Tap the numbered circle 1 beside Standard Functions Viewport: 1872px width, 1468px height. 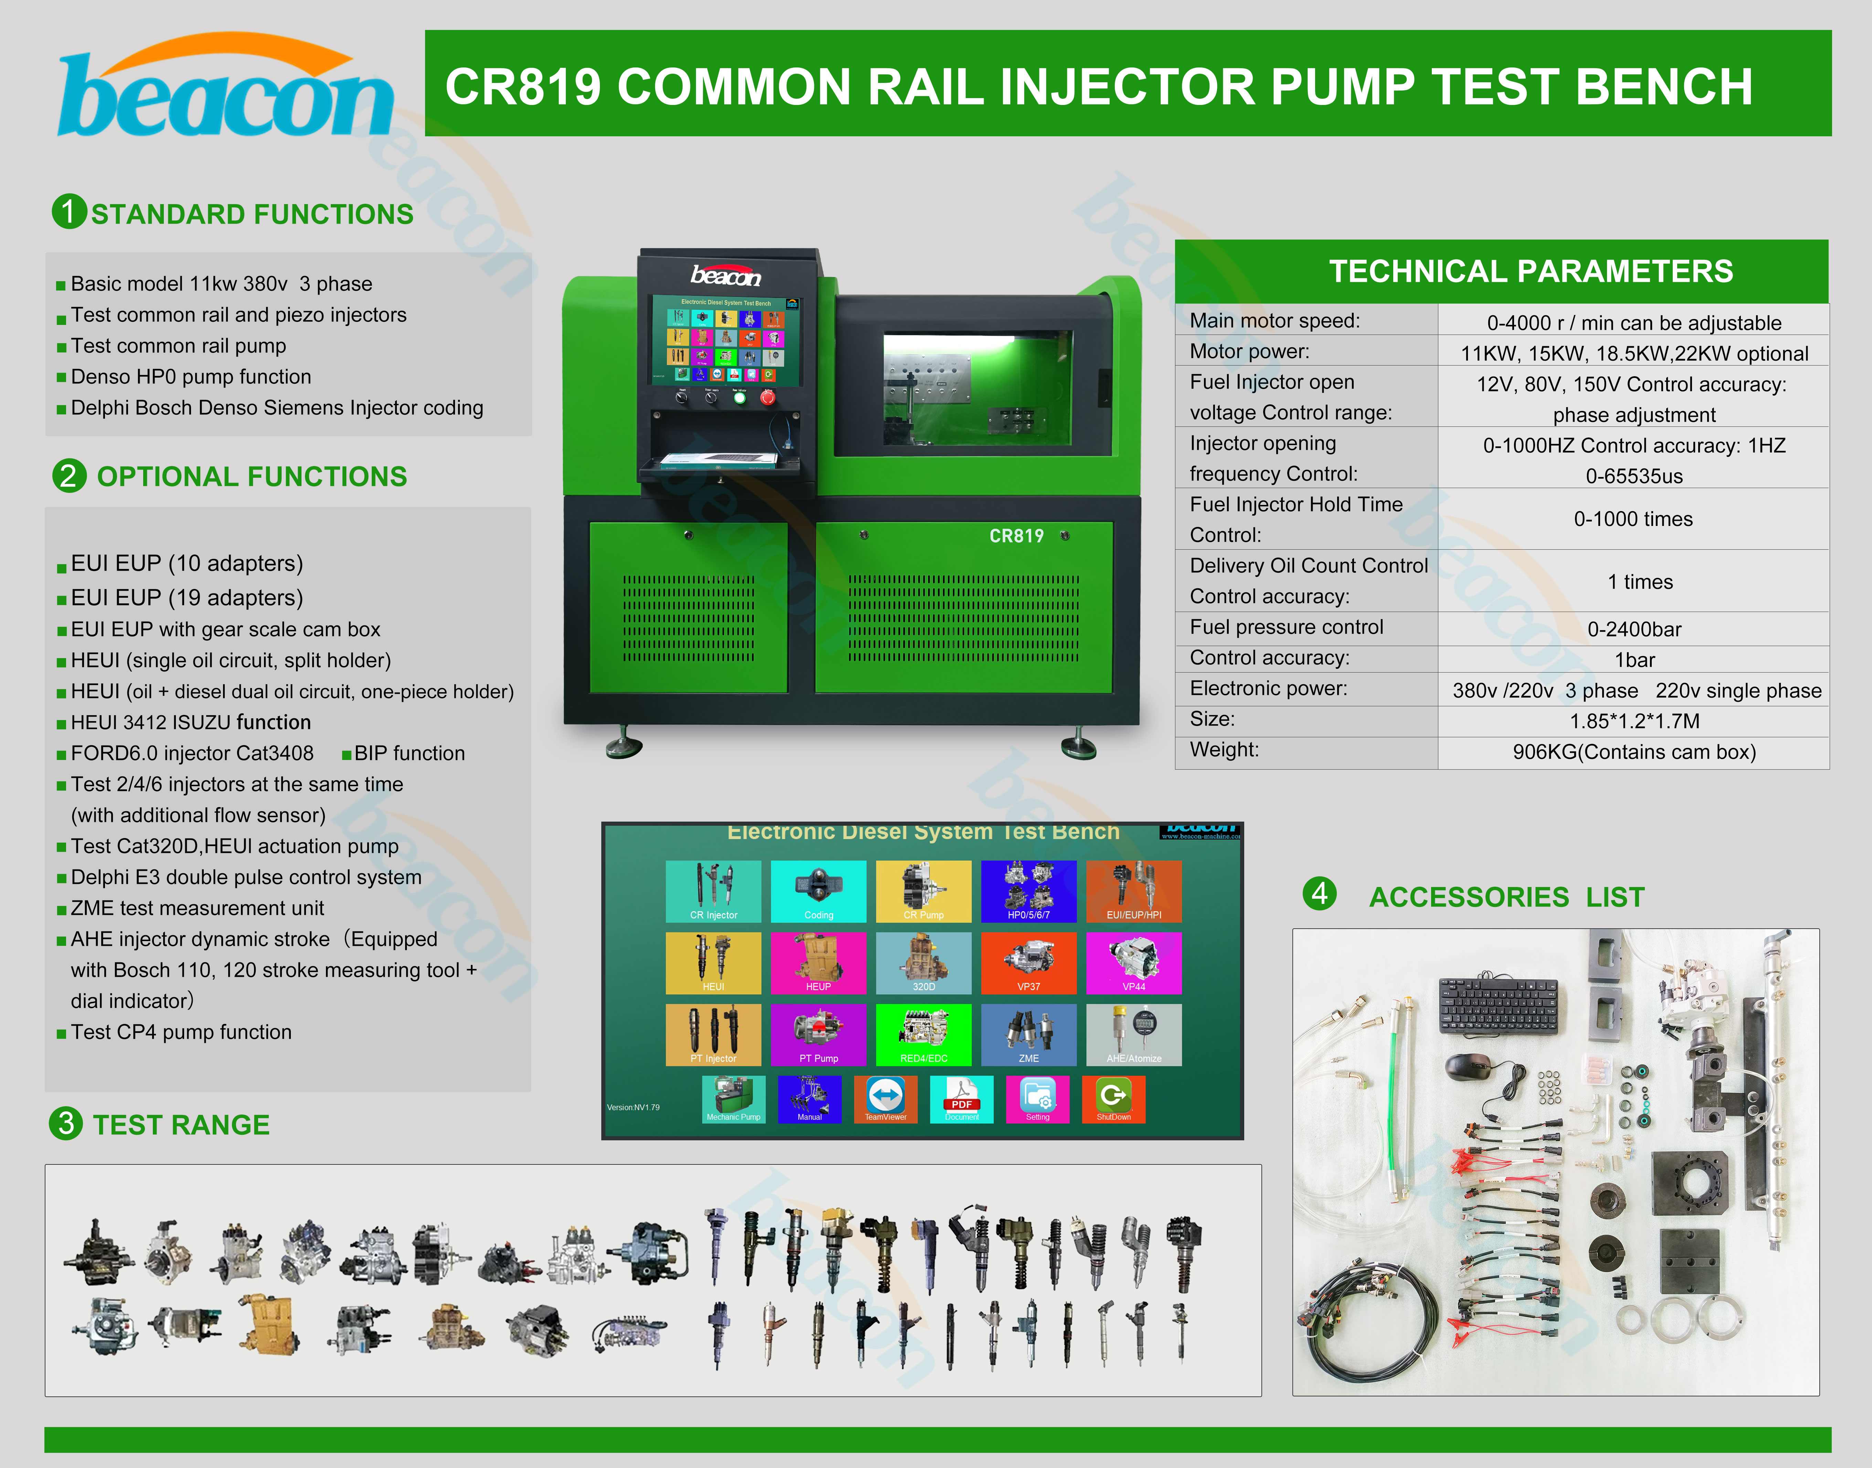69,211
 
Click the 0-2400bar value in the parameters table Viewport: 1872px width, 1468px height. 1633,629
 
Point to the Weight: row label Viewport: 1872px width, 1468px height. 1224,749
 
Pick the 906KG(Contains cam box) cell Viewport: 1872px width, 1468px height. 1633,752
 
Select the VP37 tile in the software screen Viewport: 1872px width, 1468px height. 1028,963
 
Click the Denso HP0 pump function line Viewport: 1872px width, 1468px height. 191,377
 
